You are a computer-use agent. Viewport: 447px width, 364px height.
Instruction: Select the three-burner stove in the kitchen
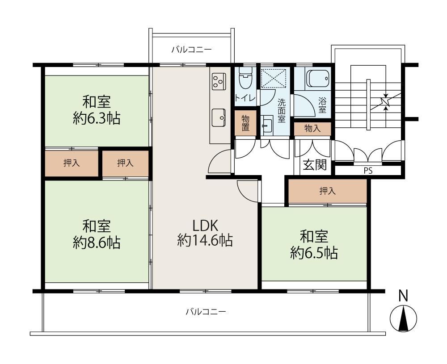click(x=219, y=80)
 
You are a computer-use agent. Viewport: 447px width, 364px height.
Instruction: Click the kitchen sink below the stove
click(x=219, y=117)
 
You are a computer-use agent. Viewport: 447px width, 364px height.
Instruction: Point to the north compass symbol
click(x=403, y=318)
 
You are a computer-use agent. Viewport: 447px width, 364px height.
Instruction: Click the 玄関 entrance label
click(x=314, y=165)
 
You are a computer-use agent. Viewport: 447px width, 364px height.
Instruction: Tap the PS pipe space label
click(x=368, y=171)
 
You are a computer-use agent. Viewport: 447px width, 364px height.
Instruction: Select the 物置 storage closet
click(x=245, y=123)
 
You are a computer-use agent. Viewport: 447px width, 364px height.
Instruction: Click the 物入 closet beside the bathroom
click(x=312, y=129)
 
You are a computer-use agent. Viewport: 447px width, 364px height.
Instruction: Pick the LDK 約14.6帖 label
click(x=205, y=233)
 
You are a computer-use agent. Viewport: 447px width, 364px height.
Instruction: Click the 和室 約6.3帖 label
click(x=97, y=110)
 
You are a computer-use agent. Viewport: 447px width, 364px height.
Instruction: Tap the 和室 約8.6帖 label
click(x=97, y=234)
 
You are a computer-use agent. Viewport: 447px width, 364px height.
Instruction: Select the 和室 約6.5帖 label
click(x=314, y=245)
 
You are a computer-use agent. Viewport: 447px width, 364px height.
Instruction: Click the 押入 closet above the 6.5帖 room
click(x=327, y=191)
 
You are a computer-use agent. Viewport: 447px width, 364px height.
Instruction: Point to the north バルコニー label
click(x=191, y=50)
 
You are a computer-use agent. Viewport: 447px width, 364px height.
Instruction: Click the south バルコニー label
click(x=206, y=312)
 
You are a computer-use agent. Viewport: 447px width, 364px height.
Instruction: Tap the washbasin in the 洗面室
click(x=267, y=125)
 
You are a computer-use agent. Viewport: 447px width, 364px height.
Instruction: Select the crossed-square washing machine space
click(x=274, y=78)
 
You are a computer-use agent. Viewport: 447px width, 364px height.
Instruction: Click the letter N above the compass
click(x=403, y=296)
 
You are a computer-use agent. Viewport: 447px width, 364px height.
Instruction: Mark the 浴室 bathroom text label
click(x=322, y=105)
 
